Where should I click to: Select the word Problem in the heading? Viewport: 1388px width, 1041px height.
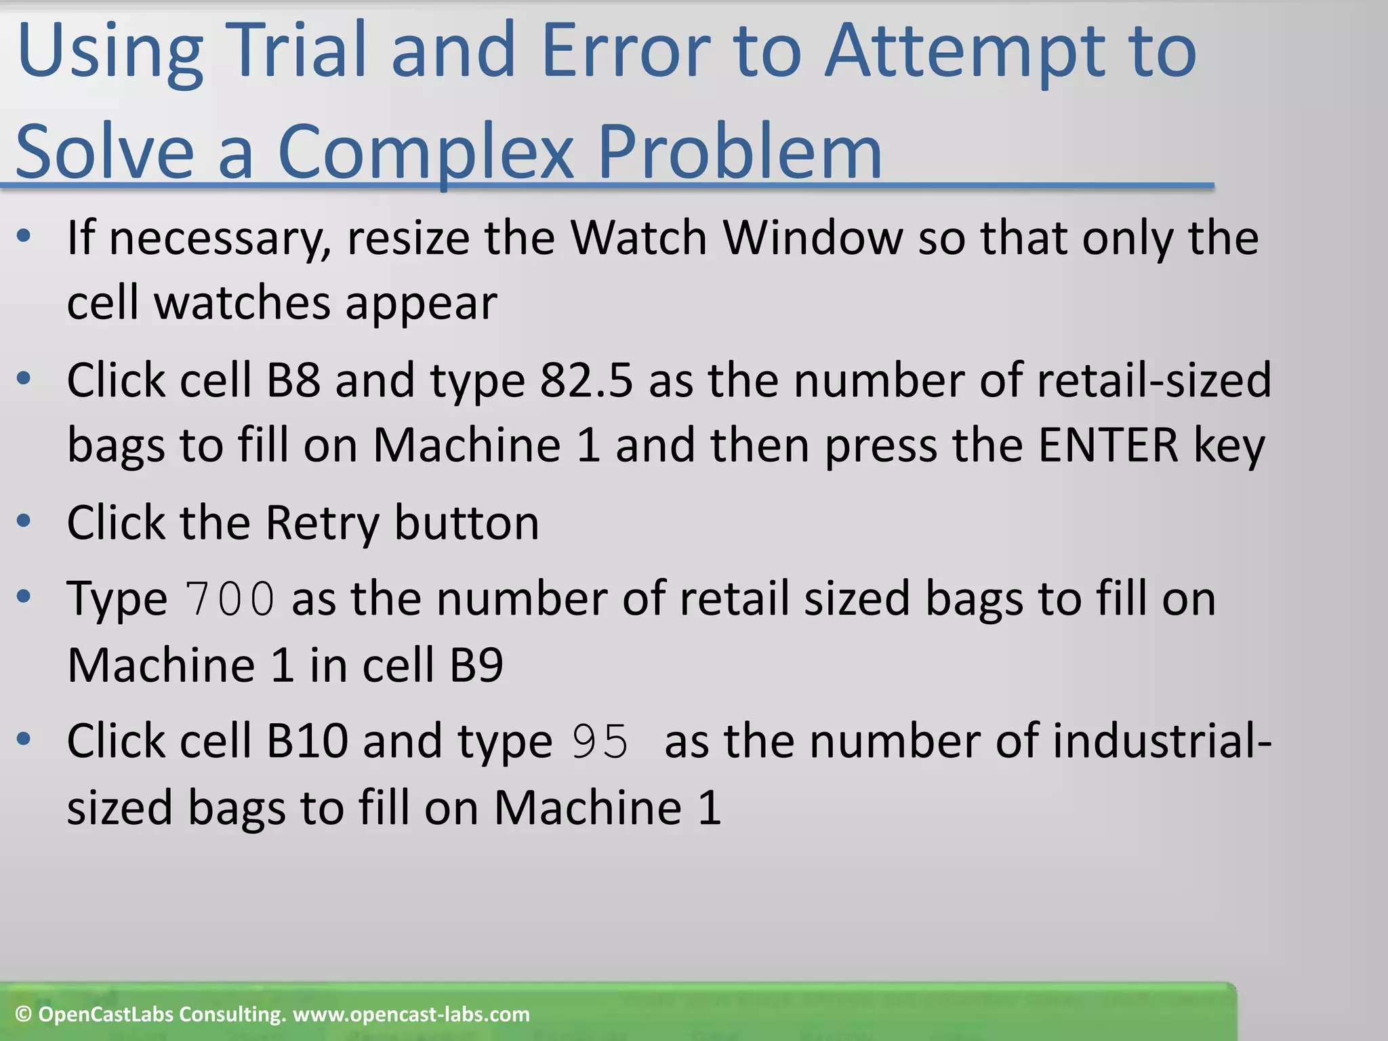739,152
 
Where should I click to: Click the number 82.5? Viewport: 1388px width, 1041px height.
586,380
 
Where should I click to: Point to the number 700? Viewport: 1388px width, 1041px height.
230,599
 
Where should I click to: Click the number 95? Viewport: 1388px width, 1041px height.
600,741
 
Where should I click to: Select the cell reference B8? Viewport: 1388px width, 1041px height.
293,380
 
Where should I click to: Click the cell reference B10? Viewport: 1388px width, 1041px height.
307,741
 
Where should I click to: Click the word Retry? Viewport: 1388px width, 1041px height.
322,523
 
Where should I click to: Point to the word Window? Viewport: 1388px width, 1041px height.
813,238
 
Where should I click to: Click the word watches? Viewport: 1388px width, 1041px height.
243,302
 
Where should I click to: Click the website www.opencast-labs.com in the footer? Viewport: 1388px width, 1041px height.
411,1015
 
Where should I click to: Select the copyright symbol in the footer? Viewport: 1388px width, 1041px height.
24,1015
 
